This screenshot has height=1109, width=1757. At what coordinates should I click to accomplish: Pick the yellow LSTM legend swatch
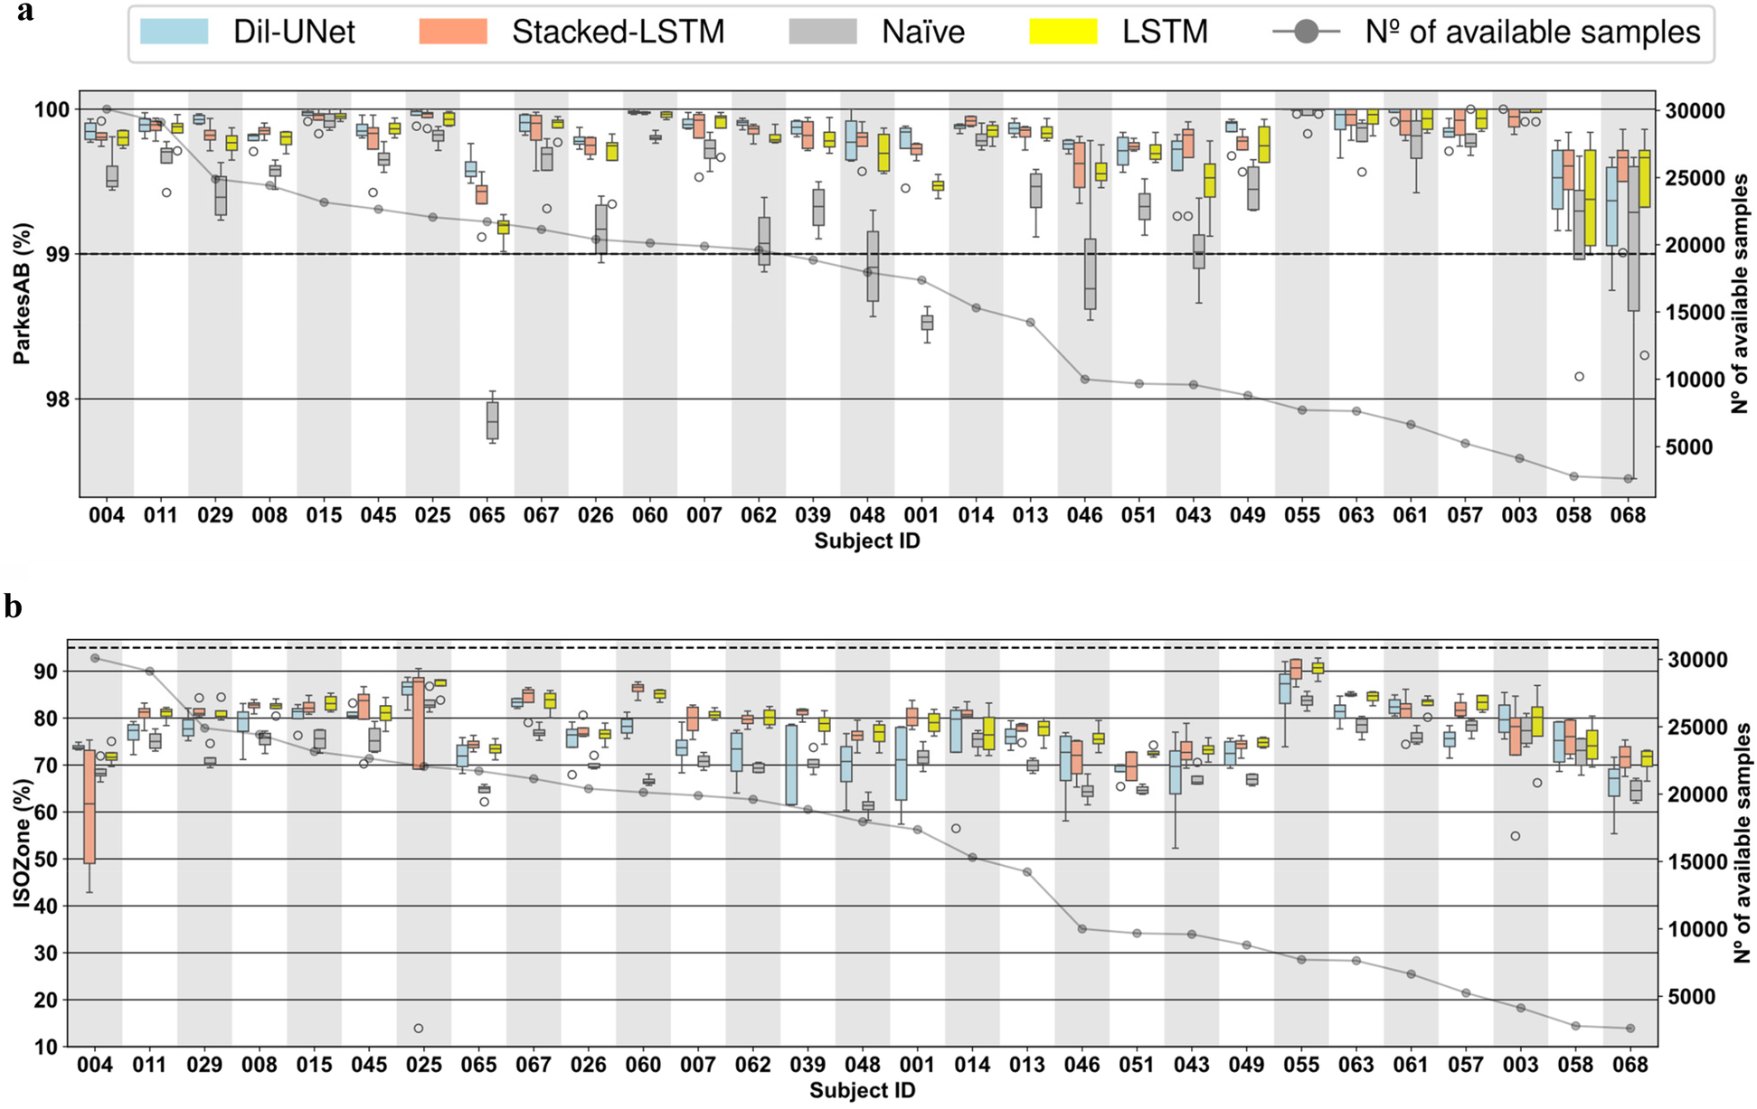click(1063, 32)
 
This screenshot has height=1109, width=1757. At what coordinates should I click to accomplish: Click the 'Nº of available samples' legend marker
click(1306, 33)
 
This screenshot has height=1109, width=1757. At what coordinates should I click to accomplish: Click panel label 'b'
click(13, 606)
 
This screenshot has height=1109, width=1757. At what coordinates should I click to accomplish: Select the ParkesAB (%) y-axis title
click(22, 294)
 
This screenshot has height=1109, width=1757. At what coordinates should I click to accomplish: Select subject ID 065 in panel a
click(486, 515)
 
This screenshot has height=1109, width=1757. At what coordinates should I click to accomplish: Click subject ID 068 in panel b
click(1629, 1065)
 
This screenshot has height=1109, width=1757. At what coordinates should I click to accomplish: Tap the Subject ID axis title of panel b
click(862, 1091)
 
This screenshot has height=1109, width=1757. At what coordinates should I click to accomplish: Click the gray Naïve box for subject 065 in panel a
click(493, 420)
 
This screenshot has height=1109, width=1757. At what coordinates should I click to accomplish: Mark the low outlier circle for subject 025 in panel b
click(419, 1029)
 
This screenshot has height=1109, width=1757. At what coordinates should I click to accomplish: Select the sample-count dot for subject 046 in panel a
click(1084, 380)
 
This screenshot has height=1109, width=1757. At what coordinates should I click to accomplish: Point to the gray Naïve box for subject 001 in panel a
click(927, 323)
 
